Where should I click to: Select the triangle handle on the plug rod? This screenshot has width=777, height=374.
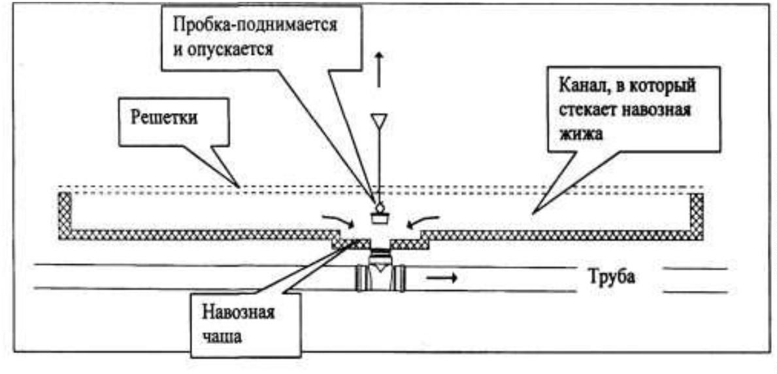coord(378,122)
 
